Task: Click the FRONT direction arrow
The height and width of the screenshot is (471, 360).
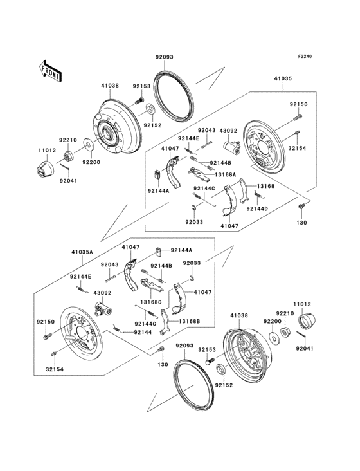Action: point(50,69)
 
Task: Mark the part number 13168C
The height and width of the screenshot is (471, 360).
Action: point(150,302)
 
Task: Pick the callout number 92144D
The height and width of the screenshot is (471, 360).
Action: point(256,209)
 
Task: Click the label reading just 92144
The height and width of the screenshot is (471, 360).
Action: point(143,332)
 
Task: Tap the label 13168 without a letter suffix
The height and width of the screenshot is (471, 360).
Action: point(265,186)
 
